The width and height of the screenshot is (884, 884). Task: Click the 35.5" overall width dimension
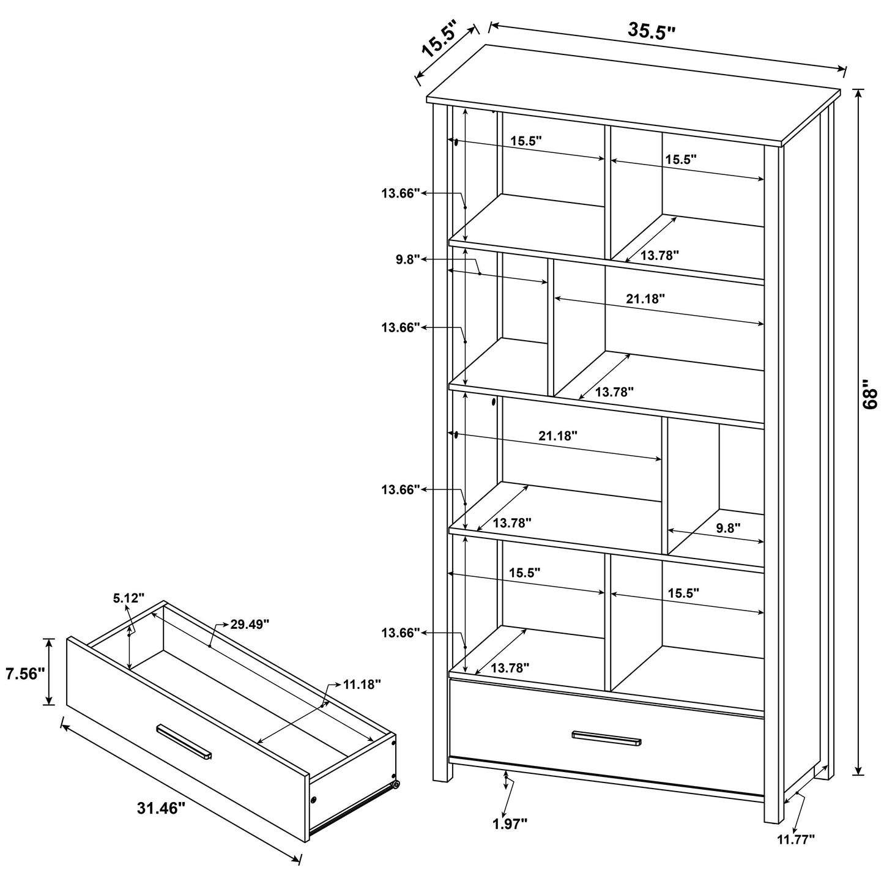[x=651, y=31]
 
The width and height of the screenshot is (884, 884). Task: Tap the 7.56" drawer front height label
[x=25, y=674]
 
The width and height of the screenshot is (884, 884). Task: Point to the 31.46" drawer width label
[x=161, y=808]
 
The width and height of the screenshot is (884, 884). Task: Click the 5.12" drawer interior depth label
[x=128, y=597]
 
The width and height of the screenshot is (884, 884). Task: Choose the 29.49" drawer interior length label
[x=250, y=624]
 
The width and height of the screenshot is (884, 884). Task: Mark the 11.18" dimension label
[x=362, y=684]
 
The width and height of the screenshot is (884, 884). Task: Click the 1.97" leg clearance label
[x=510, y=824]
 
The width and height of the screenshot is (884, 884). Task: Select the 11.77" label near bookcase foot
[x=796, y=840]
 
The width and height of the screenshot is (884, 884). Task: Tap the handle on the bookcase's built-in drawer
[x=607, y=738]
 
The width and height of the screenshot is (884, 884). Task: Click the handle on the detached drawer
[x=184, y=741]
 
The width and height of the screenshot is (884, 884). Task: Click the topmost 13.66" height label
[x=401, y=193]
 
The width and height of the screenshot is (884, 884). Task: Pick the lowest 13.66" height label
[x=401, y=633]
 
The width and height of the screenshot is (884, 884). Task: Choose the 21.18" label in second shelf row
[x=645, y=299]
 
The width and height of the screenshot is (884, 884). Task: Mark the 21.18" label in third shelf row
[x=557, y=436]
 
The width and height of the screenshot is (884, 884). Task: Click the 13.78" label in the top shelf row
[x=659, y=256]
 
